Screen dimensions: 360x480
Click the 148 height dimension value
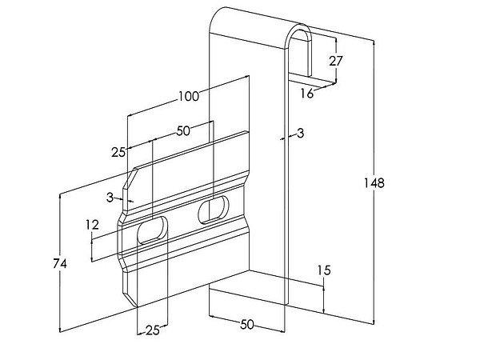(x=374, y=183)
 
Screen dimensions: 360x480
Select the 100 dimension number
(x=188, y=97)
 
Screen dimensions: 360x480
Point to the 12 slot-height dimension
(x=93, y=226)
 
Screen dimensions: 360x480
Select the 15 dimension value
(x=323, y=271)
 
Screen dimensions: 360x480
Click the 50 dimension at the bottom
(x=247, y=324)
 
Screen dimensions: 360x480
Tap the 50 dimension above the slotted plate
(x=183, y=130)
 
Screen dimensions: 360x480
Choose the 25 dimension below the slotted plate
(x=152, y=329)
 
